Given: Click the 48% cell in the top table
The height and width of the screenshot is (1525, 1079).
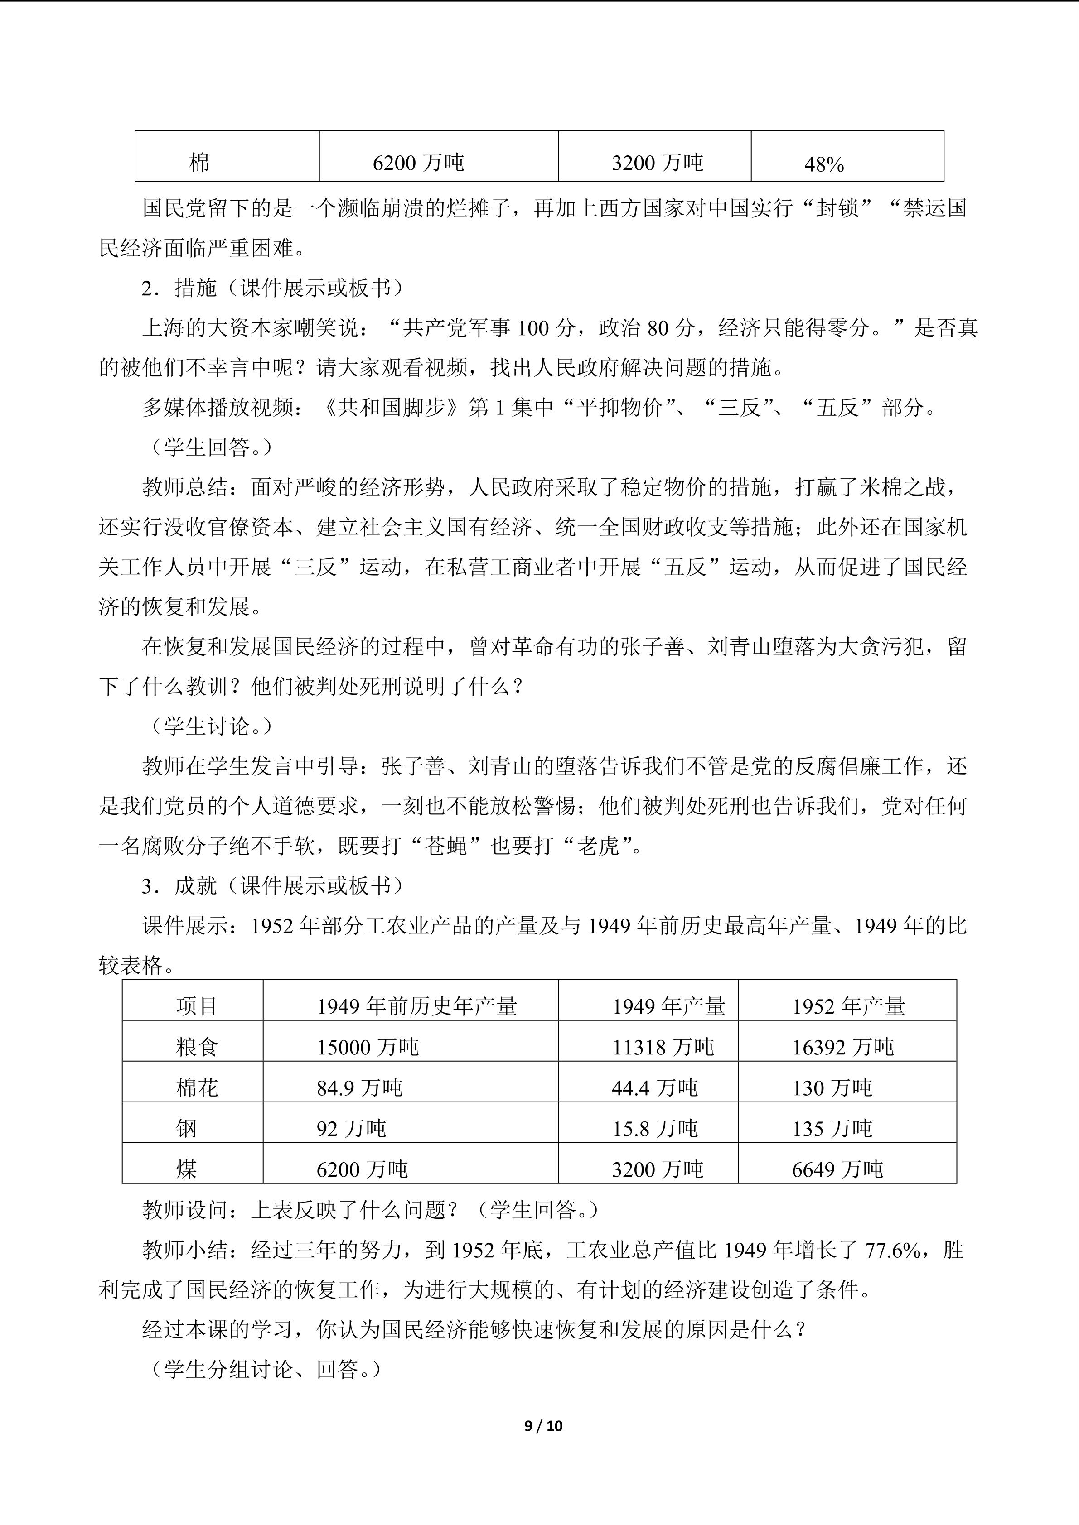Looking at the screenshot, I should click(x=824, y=164).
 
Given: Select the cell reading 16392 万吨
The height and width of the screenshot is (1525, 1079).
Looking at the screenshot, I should click(x=842, y=1048).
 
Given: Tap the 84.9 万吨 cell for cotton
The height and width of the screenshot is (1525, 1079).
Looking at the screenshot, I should click(x=359, y=1088).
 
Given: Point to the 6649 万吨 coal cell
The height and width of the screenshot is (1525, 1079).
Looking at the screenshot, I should click(x=837, y=1169).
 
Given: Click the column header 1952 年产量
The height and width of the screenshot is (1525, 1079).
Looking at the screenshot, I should click(x=848, y=1006).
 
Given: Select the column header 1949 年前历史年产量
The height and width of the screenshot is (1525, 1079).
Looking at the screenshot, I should click(x=416, y=1006).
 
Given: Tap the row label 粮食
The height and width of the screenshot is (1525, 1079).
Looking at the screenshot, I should click(x=197, y=1048).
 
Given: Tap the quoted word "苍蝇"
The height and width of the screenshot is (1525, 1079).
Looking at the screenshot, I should click(x=446, y=846).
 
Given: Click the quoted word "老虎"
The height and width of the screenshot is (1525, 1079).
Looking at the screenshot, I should click(x=598, y=846).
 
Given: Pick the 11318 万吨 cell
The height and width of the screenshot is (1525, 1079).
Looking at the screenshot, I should click(x=663, y=1048).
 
